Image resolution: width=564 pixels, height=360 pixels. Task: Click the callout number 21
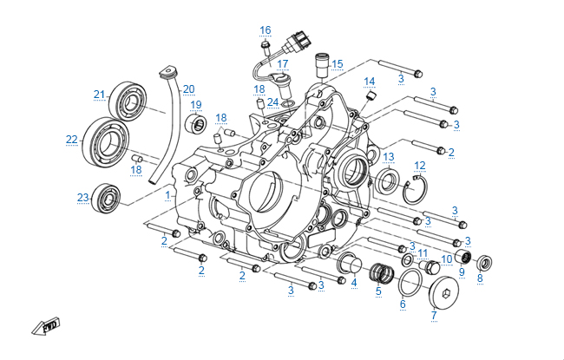pos(99,94)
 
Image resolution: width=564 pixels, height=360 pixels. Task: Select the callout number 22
pos(71,139)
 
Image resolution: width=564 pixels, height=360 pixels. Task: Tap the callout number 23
pos(82,198)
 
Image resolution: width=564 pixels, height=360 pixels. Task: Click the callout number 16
pos(266,30)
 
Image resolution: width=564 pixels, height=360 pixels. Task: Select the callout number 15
pos(338,63)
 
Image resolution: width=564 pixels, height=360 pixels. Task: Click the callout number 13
pos(389,157)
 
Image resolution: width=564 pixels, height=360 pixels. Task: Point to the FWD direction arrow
pos(43,327)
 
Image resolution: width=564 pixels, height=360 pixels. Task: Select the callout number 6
pos(403,305)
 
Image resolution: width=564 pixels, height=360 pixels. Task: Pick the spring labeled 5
pos(378,275)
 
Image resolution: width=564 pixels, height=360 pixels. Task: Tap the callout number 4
pos(354,283)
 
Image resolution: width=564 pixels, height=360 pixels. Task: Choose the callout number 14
pos(370,82)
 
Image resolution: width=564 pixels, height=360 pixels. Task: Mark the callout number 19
pos(196,106)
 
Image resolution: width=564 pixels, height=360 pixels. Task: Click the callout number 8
pos(480,278)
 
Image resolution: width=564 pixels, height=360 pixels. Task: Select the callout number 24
pos(273,101)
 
